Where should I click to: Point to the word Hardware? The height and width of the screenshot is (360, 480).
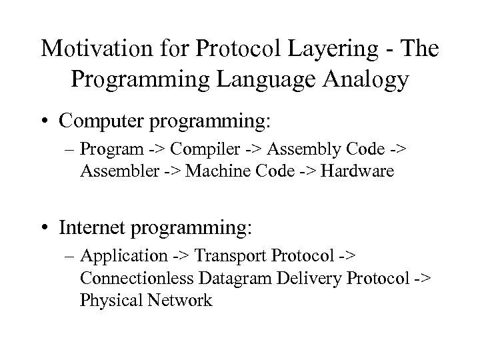pos(359,172)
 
